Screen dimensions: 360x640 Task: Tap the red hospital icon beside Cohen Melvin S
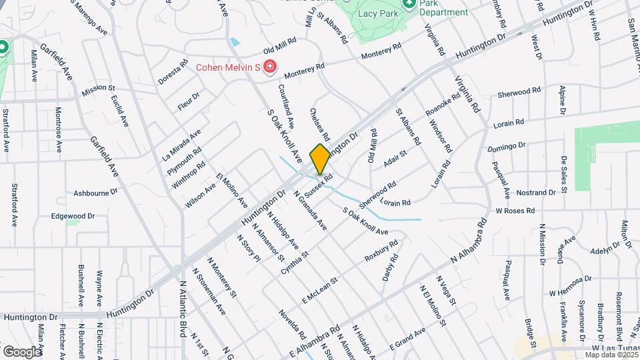click(269, 67)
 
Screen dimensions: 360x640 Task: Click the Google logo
click(22, 351)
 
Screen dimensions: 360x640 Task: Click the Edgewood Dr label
click(74, 216)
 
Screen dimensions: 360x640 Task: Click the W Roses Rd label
click(515, 210)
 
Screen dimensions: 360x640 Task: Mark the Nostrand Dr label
click(535, 192)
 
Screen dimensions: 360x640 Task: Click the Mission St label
click(99, 88)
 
